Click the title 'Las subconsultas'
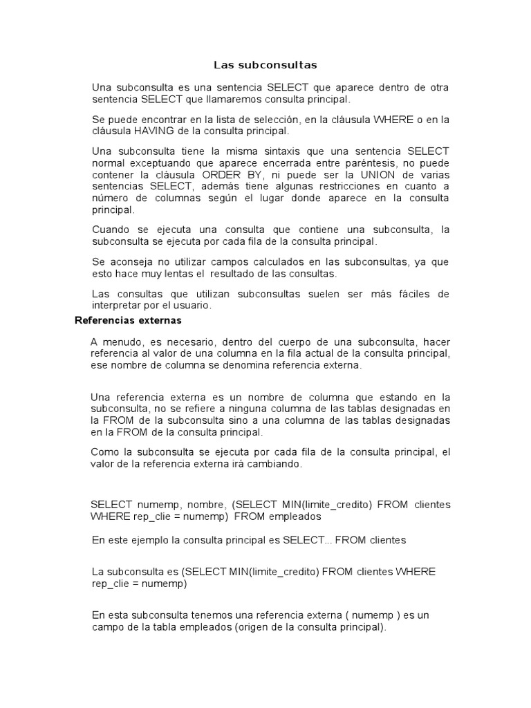pos(265,66)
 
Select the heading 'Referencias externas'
pos(128,321)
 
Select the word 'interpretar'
pos(117,305)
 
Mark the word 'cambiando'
pos(277,465)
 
